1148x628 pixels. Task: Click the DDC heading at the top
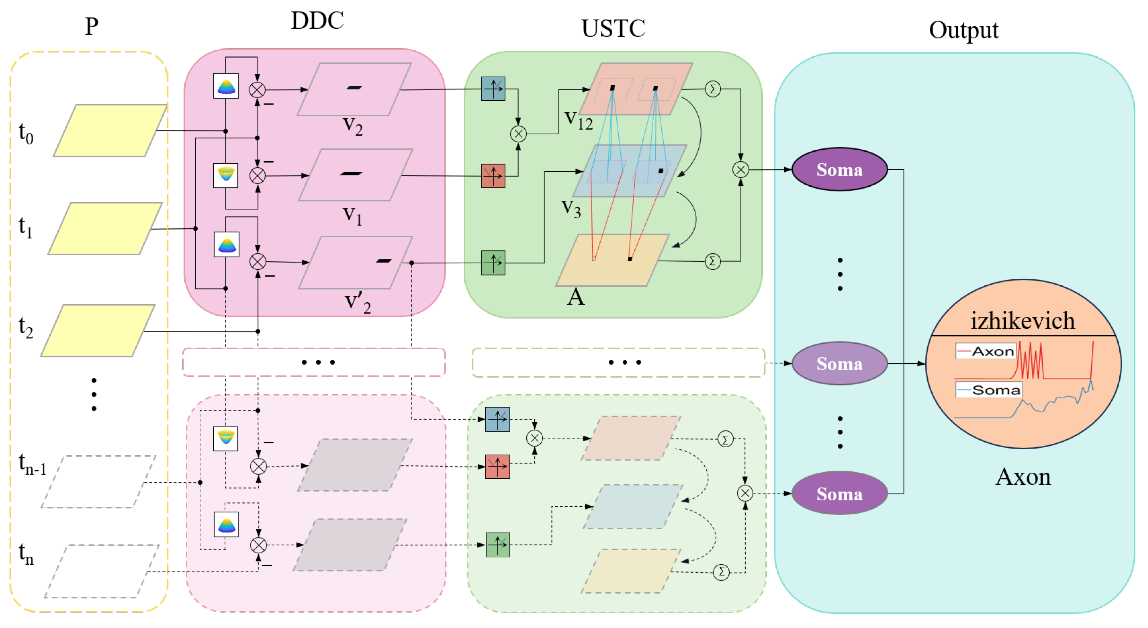pyautogui.click(x=317, y=21)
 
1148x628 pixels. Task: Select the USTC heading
pyautogui.click(x=613, y=29)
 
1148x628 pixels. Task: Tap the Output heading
pyautogui.click(x=963, y=30)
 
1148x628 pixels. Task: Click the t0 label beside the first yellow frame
pyautogui.click(x=26, y=133)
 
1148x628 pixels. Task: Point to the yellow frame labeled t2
pyautogui.click(x=98, y=331)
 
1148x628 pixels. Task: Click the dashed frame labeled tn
pyautogui.click(x=102, y=571)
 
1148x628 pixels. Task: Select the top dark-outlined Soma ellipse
pyautogui.click(x=840, y=169)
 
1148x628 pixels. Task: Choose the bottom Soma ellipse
pyautogui.click(x=840, y=493)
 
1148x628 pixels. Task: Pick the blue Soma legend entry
pyautogui.click(x=989, y=390)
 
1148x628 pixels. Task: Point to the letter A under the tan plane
pyautogui.click(x=576, y=297)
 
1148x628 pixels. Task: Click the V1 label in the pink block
pyautogui.click(x=352, y=216)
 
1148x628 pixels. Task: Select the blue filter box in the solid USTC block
pyautogui.click(x=493, y=89)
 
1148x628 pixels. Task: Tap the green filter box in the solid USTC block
pyautogui.click(x=493, y=263)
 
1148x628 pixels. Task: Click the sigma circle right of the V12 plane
pyautogui.click(x=713, y=89)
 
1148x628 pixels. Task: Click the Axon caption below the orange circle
pyautogui.click(x=1023, y=477)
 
